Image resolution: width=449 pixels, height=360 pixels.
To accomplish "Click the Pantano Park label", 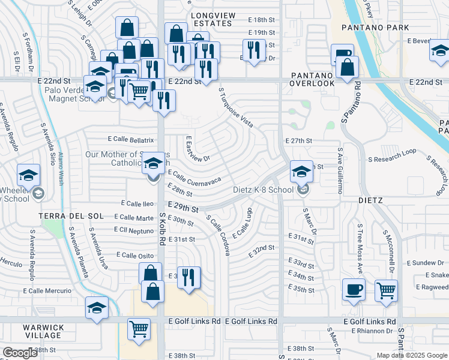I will (x=375, y=28).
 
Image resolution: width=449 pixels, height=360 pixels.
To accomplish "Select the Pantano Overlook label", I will (x=312, y=79).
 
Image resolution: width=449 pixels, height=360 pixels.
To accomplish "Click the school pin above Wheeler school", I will (x=29, y=175).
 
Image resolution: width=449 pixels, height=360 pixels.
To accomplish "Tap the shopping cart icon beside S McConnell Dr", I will (x=386, y=291).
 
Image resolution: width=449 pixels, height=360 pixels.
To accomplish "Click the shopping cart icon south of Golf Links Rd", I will (x=139, y=329).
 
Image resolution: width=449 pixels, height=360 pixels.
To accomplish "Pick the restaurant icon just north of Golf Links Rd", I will (x=189, y=277).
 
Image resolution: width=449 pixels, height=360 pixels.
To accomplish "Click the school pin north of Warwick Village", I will (x=97, y=308).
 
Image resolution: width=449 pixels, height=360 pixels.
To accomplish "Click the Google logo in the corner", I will (x=20, y=353).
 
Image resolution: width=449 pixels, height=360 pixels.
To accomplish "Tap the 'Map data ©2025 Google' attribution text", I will (x=411, y=355).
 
